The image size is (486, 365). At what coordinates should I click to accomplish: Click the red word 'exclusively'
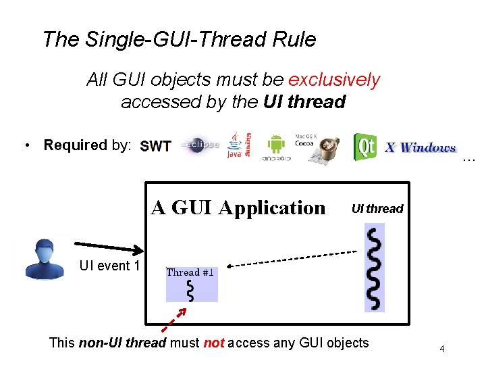334,80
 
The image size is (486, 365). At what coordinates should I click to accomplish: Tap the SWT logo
155,147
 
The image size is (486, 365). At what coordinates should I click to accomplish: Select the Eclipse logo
200,145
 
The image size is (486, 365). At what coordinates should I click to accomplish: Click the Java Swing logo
239,145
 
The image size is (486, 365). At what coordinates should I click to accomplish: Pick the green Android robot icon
277,146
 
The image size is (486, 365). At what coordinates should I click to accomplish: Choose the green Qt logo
365,147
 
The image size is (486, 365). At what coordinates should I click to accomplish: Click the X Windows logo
421,147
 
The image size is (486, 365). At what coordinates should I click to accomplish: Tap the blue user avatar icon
45,258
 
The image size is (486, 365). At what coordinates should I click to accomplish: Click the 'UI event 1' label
109,266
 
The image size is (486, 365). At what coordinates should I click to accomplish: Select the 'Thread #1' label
190,272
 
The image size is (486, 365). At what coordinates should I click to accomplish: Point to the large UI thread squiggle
373,267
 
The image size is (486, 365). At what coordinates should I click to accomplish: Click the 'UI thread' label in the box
377,209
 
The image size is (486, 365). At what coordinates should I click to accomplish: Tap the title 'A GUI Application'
238,208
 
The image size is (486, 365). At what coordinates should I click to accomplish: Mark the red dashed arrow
175,318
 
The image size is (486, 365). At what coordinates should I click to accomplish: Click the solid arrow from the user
108,246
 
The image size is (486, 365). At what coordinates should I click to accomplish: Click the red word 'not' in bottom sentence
213,343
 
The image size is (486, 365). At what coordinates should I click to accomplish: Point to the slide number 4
441,349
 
